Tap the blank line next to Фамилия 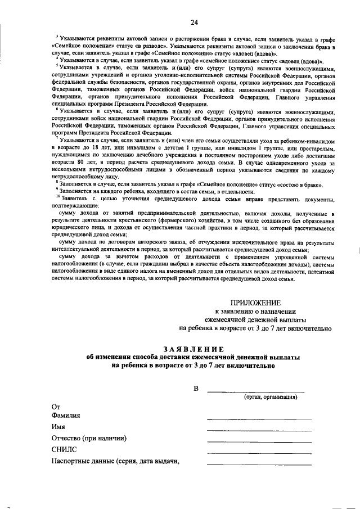click(x=259, y=419)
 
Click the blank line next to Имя click(x=259, y=430)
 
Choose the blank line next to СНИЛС click(x=259, y=453)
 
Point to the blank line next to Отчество click(x=259, y=442)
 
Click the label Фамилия click(x=66, y=416)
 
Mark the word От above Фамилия click(x=56, y=406)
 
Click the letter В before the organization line click(x=196, y=389)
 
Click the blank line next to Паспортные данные click(x=259, y=464)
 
